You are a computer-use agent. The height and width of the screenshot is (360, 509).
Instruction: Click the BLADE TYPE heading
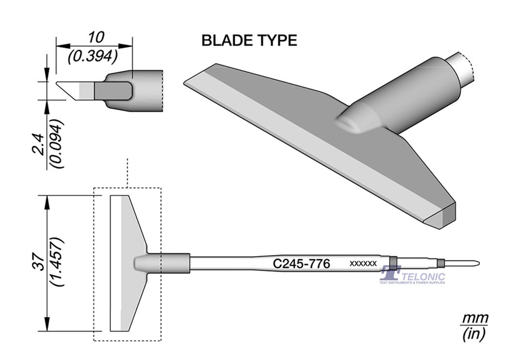point(249,41)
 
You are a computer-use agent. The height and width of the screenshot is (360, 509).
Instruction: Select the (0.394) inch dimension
point(93,57)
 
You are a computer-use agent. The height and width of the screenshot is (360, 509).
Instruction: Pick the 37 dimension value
point(40,262)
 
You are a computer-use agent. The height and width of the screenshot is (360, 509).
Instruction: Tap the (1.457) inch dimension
point(58,262)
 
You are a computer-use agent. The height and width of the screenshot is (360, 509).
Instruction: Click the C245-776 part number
point(302,264)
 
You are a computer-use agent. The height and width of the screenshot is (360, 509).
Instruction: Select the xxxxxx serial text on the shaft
point(363,263)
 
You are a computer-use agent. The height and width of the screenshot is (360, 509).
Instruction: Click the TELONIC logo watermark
point(412,276)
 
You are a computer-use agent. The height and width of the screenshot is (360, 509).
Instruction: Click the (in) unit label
point(474,333)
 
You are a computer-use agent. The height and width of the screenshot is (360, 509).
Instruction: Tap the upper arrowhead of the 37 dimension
point(48,201)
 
